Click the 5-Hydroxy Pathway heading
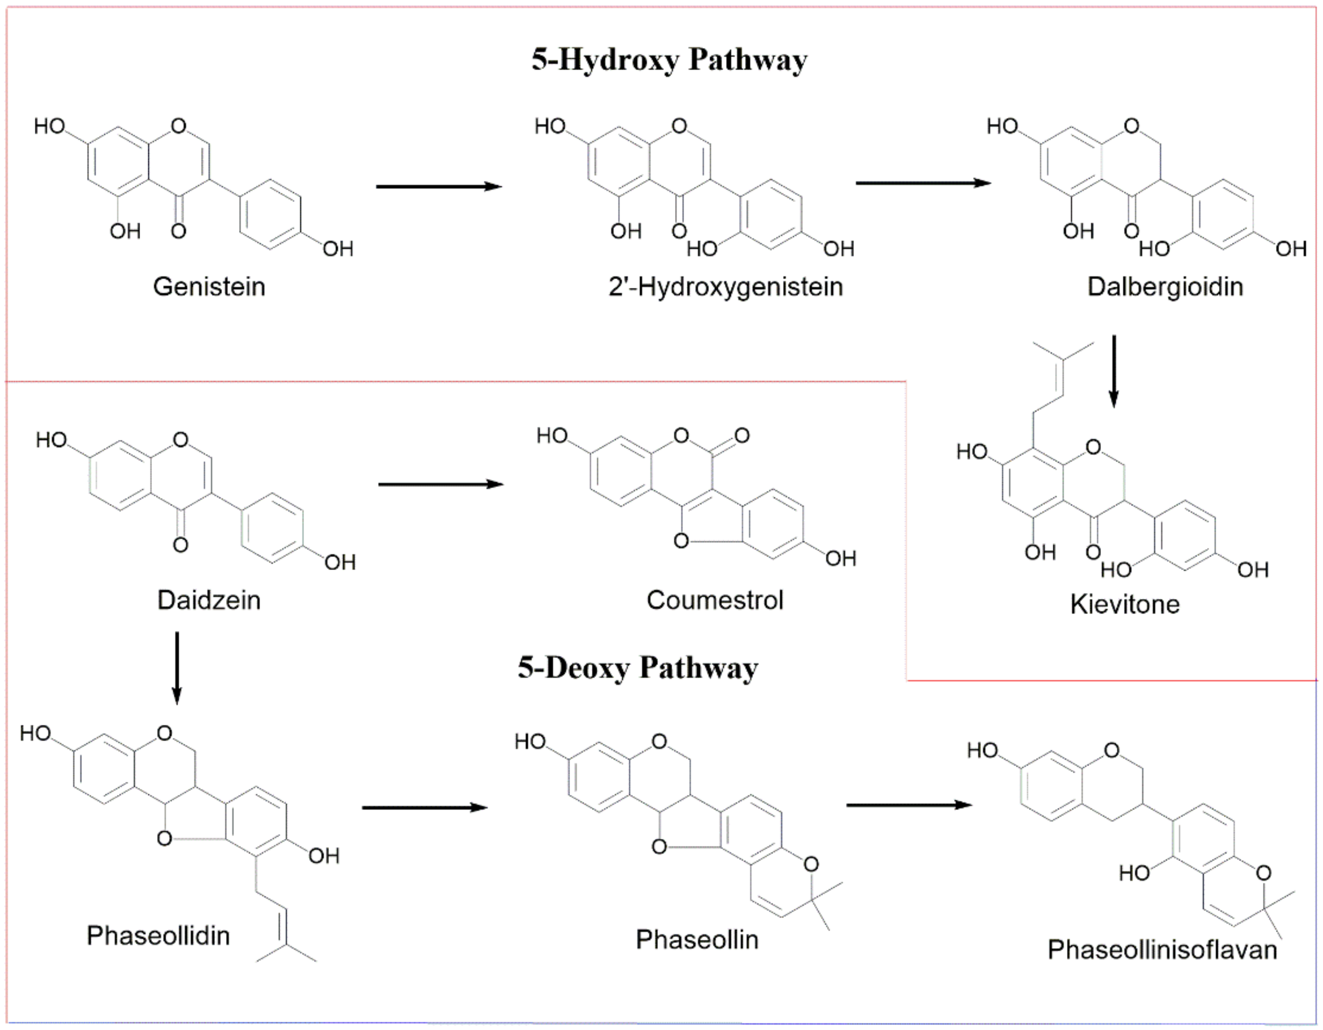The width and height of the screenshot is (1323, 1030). click(x=669, y=61)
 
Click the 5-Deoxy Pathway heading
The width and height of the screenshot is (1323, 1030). click(x=638, y=668)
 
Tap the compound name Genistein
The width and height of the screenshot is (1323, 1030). click(x=209, y=287)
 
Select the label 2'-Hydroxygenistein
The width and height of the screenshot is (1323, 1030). click(x=726, y=287)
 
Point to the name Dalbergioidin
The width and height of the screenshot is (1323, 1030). click(x=1165, y=287)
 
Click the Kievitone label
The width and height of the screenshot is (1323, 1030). click(x=1125, y=604)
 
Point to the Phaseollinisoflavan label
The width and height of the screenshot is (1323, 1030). click(x=1162, y=950)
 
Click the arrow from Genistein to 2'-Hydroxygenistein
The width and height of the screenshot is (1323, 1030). click(x=439, y=186)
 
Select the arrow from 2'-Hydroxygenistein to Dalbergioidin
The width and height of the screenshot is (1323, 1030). click(x=923, y=182)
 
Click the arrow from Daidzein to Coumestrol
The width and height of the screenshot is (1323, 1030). click(x=441, y=484)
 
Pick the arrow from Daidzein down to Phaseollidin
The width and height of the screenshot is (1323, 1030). click(x=177, y=668)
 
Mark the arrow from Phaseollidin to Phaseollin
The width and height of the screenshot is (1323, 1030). click(x=425, y=807)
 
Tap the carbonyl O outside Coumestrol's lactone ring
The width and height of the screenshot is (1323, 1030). click(x=742, y=435)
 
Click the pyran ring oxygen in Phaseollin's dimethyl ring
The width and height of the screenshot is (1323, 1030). click(x=811, y=865)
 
